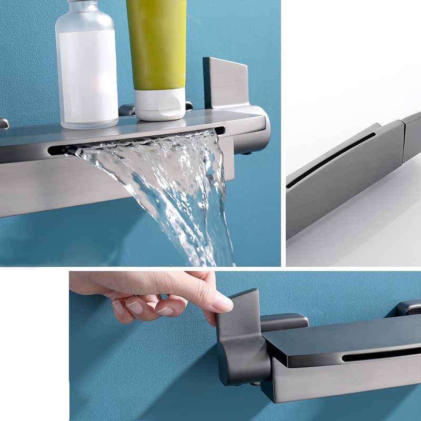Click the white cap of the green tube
click(x=159, y=104)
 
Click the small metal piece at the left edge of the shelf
click(x=4, y=124)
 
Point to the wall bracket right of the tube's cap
click(x=189, y=106)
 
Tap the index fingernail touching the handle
click(x=223, y=303)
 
